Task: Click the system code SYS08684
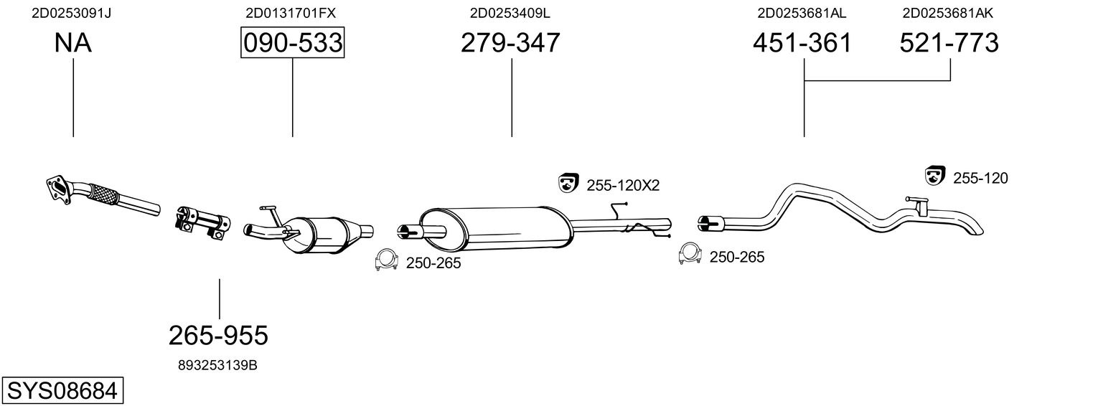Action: point(62,391)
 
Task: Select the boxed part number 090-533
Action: point(292,43)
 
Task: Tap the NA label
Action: point(72,43)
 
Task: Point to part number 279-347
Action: point(510,43)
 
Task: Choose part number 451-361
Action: point(802,43)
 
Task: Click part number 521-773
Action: point(949,43)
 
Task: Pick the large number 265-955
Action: point(218,334)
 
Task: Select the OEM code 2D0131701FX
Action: point(290,13)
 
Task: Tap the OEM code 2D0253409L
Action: point(510,13)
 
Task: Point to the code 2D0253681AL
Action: point(802,13)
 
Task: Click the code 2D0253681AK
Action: point(948,13)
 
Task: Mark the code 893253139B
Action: point(217,365)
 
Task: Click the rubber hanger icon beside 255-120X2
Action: point(568,184)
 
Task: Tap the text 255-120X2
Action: point(623,185)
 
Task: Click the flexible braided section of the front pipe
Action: point(105,193)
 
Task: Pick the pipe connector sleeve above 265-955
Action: point(203,219)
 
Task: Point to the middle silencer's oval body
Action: point(495,227)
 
